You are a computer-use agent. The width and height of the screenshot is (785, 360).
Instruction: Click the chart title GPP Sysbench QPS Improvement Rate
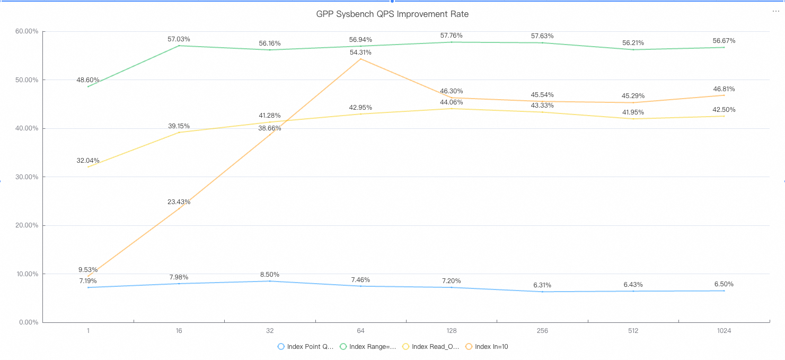[392, 14]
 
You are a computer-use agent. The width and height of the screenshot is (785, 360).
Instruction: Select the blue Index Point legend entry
[306, 347]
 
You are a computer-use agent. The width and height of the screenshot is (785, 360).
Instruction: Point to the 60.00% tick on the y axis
[27, 31]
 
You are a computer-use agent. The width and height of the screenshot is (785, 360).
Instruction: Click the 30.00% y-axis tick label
[27, 177]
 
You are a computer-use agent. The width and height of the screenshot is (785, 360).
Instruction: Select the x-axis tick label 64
[360, 331]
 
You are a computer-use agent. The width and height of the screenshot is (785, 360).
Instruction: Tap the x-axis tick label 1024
[724, 331]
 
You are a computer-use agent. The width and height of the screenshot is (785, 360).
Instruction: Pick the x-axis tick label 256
[542, 331]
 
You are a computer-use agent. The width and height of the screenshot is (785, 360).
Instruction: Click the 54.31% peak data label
[360, 52]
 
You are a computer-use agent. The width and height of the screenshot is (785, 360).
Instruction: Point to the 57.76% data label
[451, 36]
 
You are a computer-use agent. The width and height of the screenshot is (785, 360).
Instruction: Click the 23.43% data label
[179, 202]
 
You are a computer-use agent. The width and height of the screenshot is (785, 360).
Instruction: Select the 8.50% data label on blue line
[270, 275]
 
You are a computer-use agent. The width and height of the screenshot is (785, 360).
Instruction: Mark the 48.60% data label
[88, 80]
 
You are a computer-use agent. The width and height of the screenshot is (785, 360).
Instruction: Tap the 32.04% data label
[88, 160]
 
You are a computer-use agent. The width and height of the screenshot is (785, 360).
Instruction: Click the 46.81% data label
[724, 89]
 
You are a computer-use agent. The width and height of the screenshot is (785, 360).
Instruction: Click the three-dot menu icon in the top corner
[776, 11]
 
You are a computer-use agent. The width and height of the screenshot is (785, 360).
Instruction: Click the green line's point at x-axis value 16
[179, 46]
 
